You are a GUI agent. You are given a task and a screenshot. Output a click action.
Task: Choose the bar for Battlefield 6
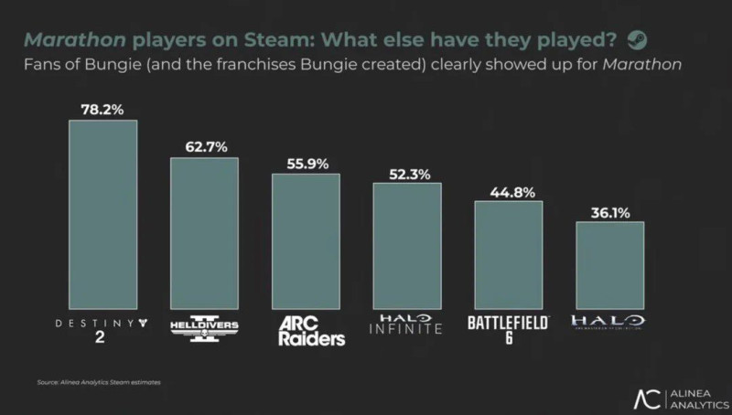pyautogui.click(x=509, y=255)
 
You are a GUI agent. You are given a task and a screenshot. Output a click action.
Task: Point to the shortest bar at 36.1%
pyautogui.click(x=610, y=265)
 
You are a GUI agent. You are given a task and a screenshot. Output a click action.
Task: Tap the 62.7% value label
pyautogui.click(x=204, y=147)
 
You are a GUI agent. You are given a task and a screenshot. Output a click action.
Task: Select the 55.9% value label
pyautogui.click(x=306, y=163)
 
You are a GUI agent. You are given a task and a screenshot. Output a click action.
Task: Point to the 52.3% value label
pyautogui.click(x=407, y=172)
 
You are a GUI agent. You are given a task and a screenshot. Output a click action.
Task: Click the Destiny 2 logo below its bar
pyautogui.click(x=102, y=328)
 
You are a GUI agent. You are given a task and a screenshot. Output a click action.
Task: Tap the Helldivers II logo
pyautogui.click(x=204, y=329)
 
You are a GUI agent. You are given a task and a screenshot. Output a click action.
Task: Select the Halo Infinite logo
pyautogui.click(x=407, y=325)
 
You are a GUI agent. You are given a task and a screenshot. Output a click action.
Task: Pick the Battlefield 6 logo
pyautogui.click(x=509, y=328)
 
